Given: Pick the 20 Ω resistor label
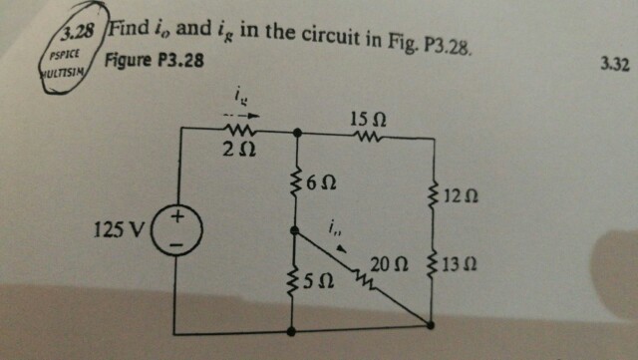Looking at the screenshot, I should click(x=385, y=264).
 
